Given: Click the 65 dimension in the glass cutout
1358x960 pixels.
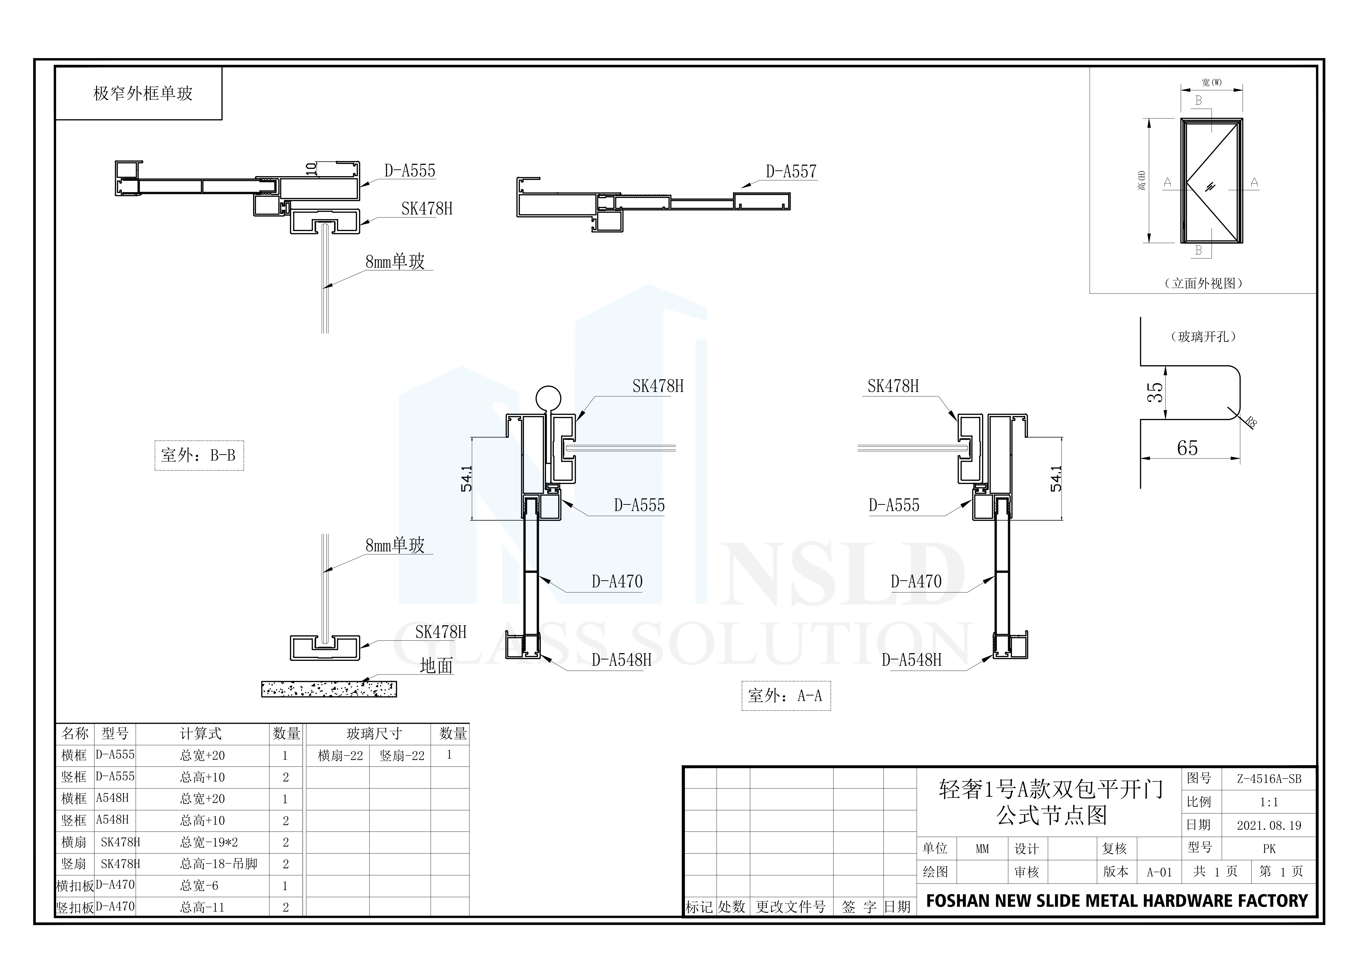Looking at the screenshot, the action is [1187, 448].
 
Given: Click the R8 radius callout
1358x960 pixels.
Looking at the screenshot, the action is [1251, 422].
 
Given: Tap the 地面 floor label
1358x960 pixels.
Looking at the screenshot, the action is [436, 666].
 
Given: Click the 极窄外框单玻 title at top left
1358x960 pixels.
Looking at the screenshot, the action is [143, 93].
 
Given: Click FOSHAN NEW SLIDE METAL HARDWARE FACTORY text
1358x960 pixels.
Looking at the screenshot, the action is [1117, 901].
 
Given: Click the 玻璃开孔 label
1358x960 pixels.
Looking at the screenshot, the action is [1203, 337].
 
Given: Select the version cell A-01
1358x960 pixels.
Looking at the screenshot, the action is [1159, 872].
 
